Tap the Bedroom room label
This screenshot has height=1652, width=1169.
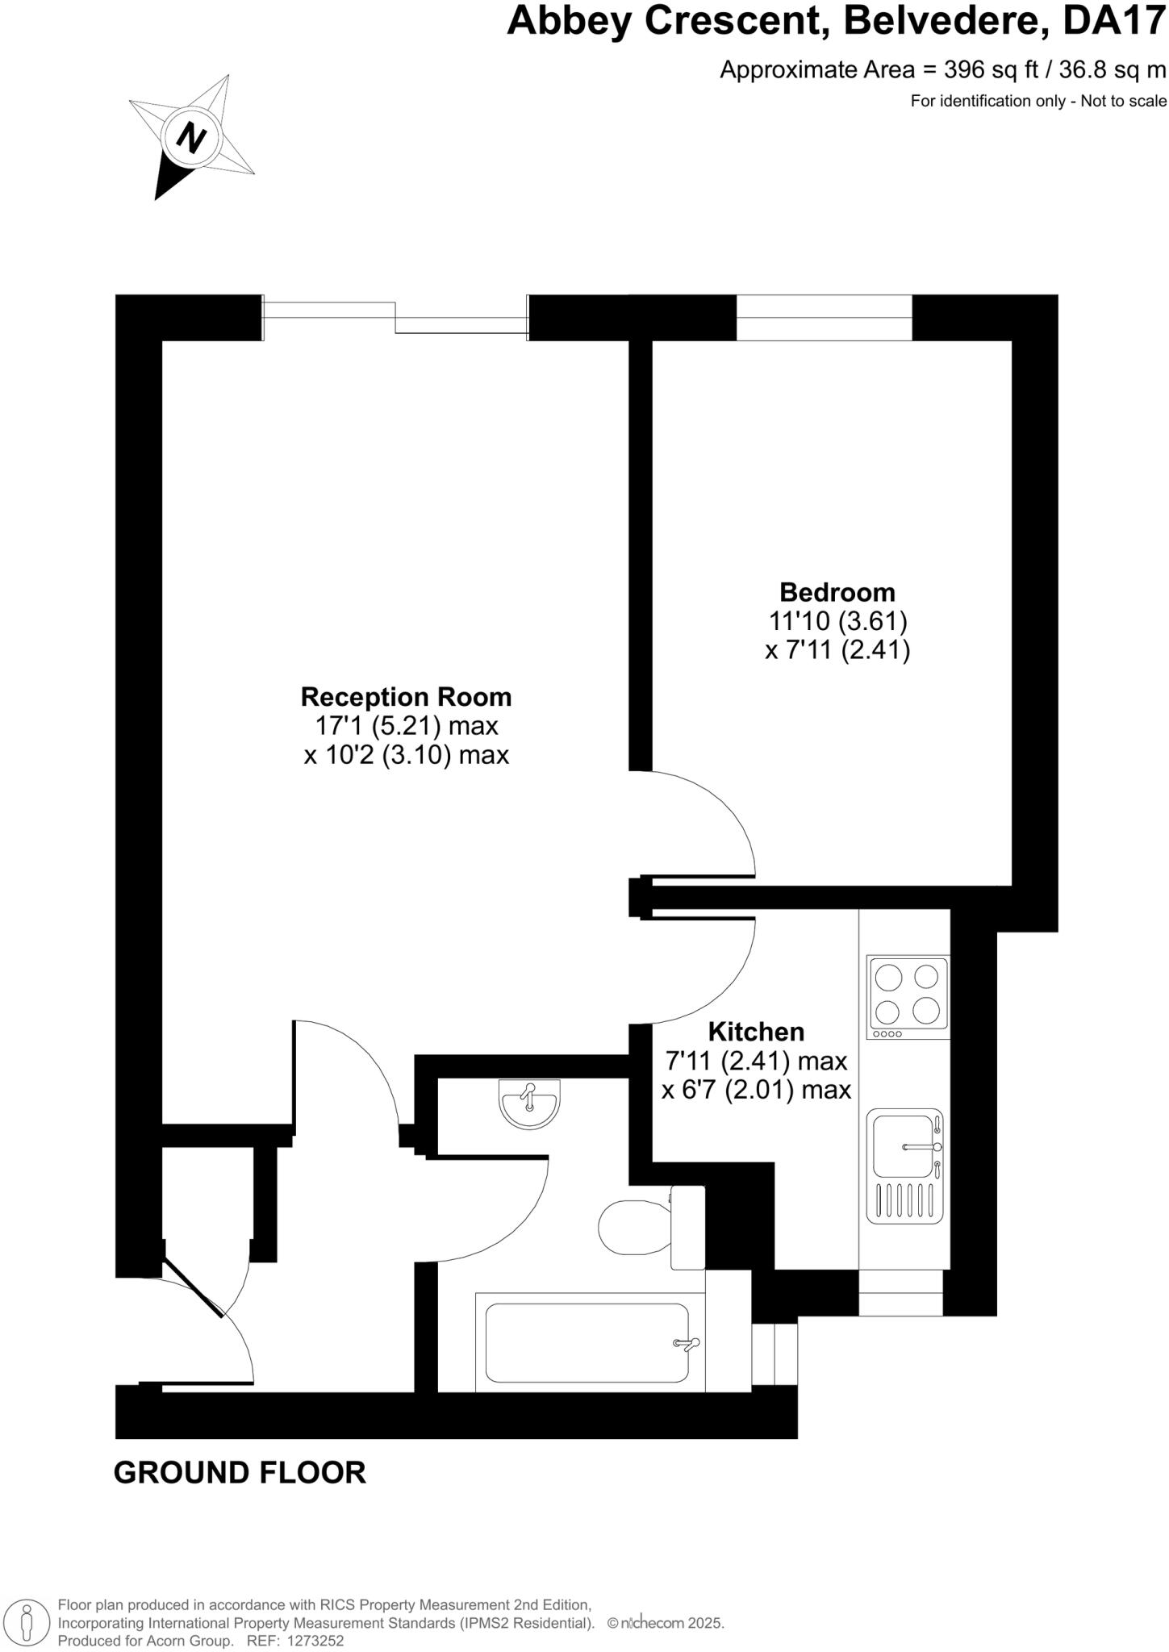coord(837,592)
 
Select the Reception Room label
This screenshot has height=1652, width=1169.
coord(406,696)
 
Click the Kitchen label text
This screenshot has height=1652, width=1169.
coord(756,1032)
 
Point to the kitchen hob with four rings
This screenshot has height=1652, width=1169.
coord(908,997)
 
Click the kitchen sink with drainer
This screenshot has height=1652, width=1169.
coord(905,1165)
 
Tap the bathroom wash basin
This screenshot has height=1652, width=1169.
coord(529,1102)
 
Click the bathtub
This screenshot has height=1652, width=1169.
coord(587,1343)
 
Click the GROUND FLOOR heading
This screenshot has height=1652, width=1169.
coord(240,1473)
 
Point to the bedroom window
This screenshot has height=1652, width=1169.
coord(824,318)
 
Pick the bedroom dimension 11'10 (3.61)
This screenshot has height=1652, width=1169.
coord(837,621)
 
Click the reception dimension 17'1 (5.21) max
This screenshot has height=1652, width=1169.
coord(406,726)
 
